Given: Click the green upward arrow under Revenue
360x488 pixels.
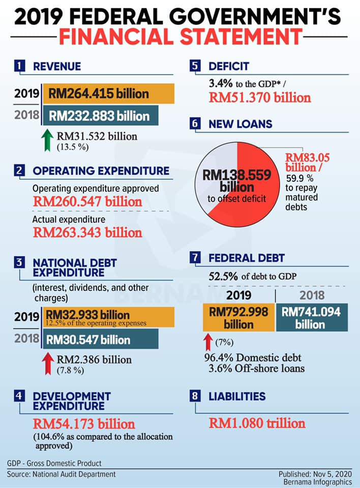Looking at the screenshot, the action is point(47,140).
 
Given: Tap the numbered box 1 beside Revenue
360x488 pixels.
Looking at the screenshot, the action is point(20,66).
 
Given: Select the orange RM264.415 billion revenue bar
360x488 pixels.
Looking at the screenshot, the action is point(108,94).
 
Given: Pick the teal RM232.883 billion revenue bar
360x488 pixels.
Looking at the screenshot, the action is point(100,115).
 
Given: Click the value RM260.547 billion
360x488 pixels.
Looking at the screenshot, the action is point(87,202).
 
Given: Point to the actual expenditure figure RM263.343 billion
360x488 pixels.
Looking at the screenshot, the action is point(87,232).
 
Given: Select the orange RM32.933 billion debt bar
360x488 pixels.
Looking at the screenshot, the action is point(108,317).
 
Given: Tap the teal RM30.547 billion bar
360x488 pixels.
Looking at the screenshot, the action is point(100,339).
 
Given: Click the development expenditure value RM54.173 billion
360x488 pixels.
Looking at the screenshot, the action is point(84,424).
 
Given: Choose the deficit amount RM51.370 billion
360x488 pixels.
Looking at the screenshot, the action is point(260,98).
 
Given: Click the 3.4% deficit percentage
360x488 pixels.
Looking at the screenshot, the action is point(221,83).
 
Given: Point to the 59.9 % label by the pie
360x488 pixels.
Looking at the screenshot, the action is point(299,178).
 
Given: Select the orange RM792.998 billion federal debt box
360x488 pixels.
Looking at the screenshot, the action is point(239,317).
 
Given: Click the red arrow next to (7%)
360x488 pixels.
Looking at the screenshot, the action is point(208,342).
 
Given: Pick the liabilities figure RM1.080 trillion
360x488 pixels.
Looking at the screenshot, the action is point(257,423).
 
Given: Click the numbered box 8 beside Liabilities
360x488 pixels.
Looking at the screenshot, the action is point(195,396).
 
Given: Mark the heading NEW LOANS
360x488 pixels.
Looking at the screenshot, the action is point(241,124).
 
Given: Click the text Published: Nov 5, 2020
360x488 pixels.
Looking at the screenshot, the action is point(315,474).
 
